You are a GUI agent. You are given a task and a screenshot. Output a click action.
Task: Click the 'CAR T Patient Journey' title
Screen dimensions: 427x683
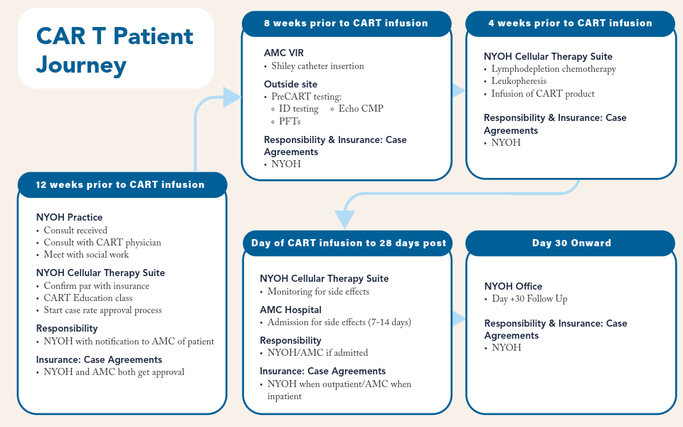[115, 50]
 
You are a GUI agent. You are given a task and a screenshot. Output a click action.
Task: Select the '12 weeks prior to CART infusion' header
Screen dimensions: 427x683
[120, 185]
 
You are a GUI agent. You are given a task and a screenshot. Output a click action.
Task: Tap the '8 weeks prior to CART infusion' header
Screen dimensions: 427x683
[346, 23]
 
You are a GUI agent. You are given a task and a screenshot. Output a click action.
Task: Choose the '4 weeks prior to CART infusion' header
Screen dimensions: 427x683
[570, 23]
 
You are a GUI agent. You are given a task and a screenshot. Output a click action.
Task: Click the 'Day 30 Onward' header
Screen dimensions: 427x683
[571, 243]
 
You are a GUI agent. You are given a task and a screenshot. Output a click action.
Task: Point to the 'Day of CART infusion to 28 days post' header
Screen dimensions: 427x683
[349, 243]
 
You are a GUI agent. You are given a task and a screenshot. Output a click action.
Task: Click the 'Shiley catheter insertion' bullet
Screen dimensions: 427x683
[317, 66]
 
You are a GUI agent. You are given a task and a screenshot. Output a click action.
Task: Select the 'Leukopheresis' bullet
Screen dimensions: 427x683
[519, 81]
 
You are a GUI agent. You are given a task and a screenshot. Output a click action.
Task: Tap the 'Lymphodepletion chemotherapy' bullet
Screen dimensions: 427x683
[554, 69]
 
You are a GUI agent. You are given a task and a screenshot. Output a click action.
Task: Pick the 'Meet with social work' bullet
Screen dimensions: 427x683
[86, 255]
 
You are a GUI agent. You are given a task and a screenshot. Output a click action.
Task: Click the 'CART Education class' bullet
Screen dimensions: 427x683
[88, 298]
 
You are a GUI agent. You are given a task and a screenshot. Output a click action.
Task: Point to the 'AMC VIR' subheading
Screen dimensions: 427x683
[284, 53]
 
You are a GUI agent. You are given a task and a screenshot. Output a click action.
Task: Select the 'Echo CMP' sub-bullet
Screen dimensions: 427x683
[360, 109]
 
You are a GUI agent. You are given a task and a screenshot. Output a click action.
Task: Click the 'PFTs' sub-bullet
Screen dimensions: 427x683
[290, 122]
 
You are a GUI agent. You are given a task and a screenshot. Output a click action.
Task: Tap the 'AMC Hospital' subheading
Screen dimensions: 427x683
[290, 310]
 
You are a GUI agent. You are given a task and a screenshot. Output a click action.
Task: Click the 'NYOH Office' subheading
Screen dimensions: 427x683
[513, 286]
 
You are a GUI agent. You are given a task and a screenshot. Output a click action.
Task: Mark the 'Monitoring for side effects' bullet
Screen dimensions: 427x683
[318, 292]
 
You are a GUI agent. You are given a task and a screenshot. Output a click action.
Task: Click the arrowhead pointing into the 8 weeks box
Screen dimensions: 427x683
[232, 97]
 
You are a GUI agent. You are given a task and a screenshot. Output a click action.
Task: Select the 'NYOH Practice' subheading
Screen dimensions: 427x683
[69, 218]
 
